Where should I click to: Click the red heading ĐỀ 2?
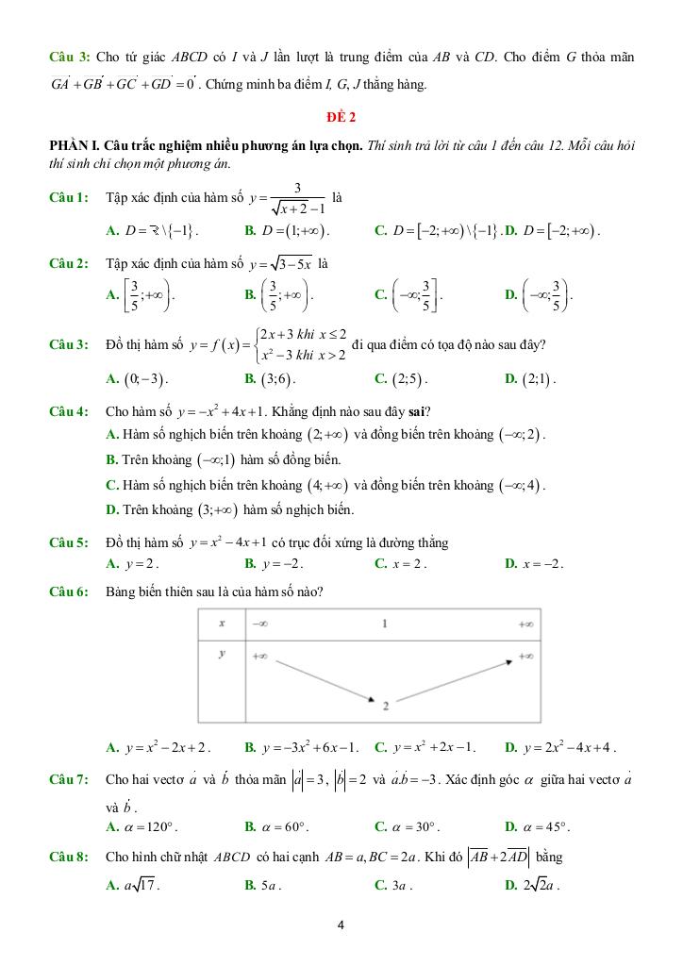click(341, 117)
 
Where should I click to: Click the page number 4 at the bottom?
click(341, 924)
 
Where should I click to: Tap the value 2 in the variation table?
click(386, 704)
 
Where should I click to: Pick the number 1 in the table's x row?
click(385, 624)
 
